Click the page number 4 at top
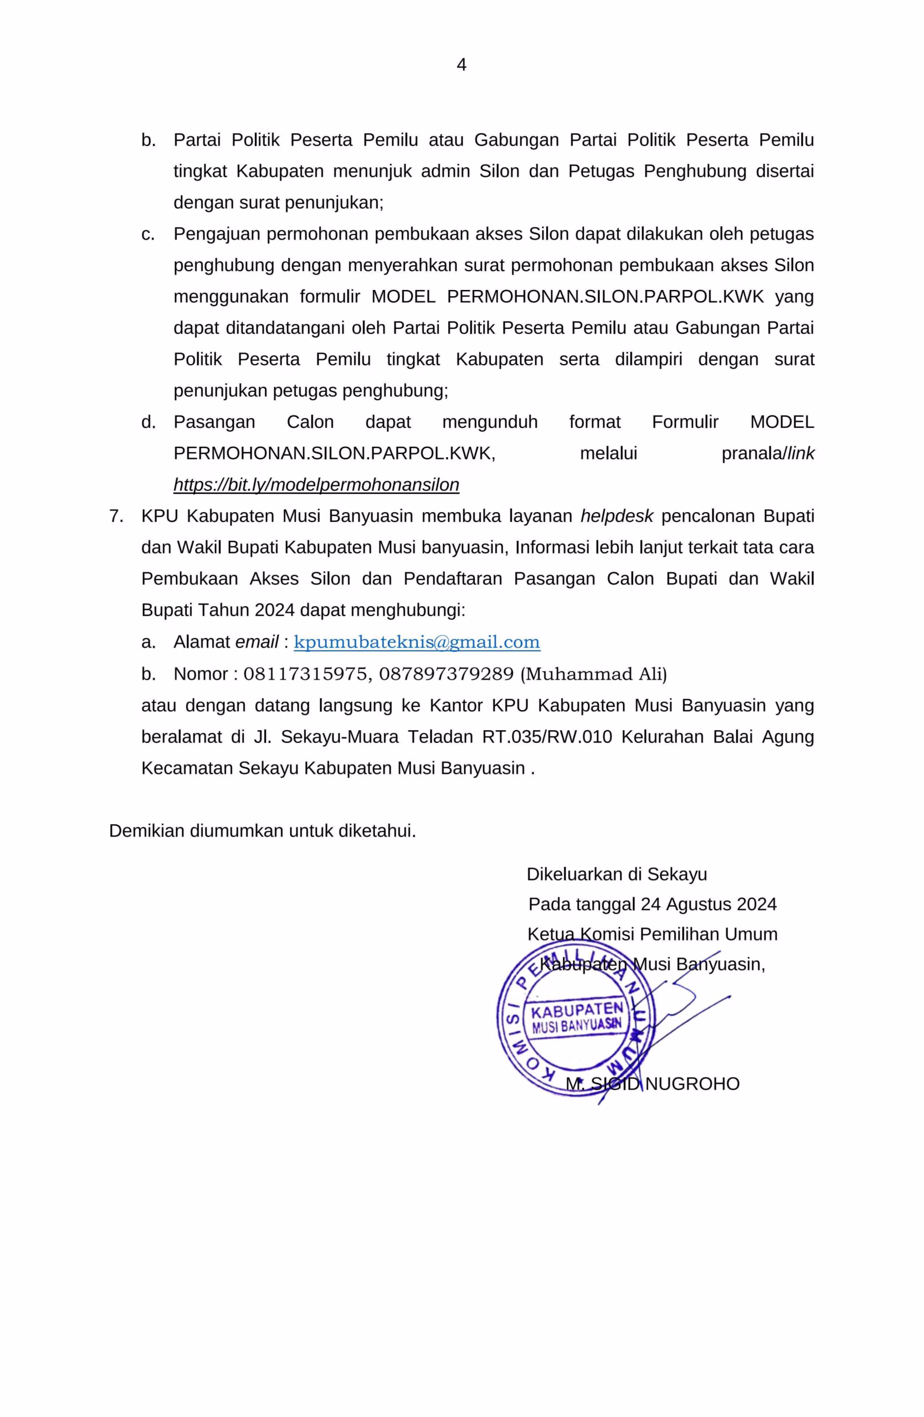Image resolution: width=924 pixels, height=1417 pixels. coord(461,65)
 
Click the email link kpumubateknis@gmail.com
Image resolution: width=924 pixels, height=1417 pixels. coord(417,643)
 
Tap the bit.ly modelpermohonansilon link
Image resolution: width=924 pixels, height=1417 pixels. coord(316,485)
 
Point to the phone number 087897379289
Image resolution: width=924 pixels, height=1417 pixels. coord(445,674)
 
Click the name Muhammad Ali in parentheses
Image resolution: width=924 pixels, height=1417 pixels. coord(593,674)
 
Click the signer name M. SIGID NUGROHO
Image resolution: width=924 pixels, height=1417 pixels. coord(653,1084)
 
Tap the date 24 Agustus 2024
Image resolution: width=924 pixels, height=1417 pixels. coord(709,904)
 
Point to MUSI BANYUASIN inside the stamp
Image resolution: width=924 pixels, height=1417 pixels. coord(576,1026)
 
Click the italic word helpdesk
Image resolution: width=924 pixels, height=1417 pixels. coord(617,516)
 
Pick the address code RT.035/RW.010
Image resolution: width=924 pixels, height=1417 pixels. coord(547,737)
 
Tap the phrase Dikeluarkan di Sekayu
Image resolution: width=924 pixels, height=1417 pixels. coord(617,874)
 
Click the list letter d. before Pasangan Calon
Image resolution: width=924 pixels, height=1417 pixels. coord(148,422)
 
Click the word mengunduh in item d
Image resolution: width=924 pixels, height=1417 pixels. coord(490,422)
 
